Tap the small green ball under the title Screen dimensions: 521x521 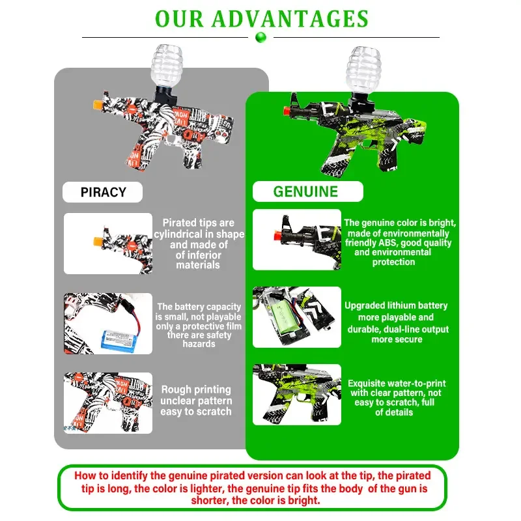(261, 37)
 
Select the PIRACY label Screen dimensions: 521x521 (103, 192)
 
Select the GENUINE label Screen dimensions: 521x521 (305, 191)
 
